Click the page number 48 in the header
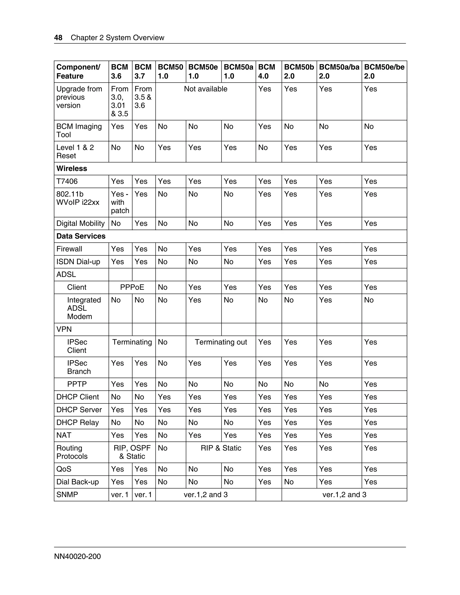coord(58,37)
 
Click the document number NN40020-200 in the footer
coord(77,556)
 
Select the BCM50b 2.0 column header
coord(299,71)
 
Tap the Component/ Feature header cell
coord(78,71)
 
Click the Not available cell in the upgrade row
coord(206,89)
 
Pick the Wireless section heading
coord(72,169)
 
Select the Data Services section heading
coord(81,236)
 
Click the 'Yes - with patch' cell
coord(120,203)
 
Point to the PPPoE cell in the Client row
coord(132,287)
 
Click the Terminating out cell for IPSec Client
coord(221,342)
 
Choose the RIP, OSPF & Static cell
coord(132,452)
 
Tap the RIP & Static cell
coord(221,448)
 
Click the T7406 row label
coord(67,181)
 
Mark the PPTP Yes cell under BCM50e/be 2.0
coord(371,384)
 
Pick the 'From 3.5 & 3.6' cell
coord(143,97)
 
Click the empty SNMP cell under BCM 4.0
coord(268,495)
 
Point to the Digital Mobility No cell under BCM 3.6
coord(116,223)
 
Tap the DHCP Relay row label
coord(77,423)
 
